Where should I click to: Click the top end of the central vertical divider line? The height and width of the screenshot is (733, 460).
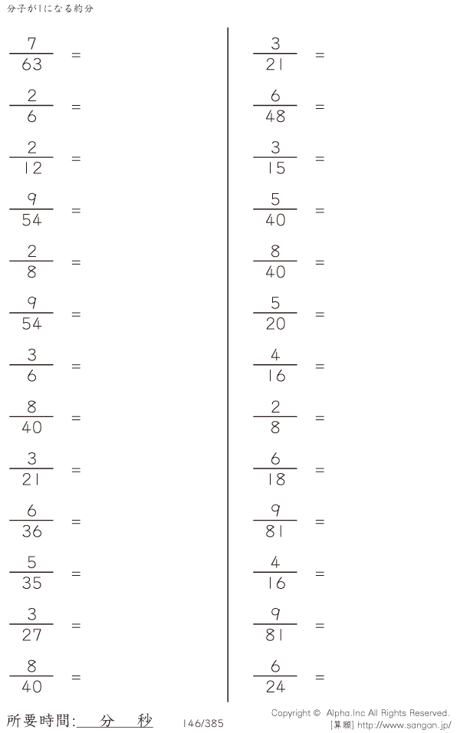[228, 28]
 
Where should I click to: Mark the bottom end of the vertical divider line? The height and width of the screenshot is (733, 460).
[228, 702]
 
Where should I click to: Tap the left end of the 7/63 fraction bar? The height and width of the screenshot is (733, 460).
[10, 54]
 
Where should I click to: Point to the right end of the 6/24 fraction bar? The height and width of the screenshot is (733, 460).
[297, 676]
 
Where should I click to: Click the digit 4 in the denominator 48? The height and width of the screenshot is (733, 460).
[270, 117]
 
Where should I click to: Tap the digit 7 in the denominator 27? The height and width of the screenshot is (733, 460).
[38, 635]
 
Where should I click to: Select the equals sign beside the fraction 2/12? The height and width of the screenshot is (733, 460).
[76, 159]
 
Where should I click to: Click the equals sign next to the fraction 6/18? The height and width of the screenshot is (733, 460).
[320, 470]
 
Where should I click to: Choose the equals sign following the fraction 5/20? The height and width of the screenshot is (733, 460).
[320, 314]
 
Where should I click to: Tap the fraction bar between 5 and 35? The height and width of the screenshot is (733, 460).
[31, 572]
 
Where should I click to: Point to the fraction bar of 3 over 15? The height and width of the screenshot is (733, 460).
[275, 157]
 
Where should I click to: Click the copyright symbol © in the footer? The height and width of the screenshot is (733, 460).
[317, 713]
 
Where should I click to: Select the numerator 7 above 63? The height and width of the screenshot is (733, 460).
[31, 44]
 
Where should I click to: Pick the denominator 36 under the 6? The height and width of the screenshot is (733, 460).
[31, 531]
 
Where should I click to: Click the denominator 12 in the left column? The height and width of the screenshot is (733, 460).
[33, 168]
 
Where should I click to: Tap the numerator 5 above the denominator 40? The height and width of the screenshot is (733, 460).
[275, 199]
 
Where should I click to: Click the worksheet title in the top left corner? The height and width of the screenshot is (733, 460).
[51, 8]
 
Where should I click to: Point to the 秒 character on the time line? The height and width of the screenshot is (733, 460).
[145, 721]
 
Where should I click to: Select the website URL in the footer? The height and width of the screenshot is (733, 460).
[404, 725]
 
